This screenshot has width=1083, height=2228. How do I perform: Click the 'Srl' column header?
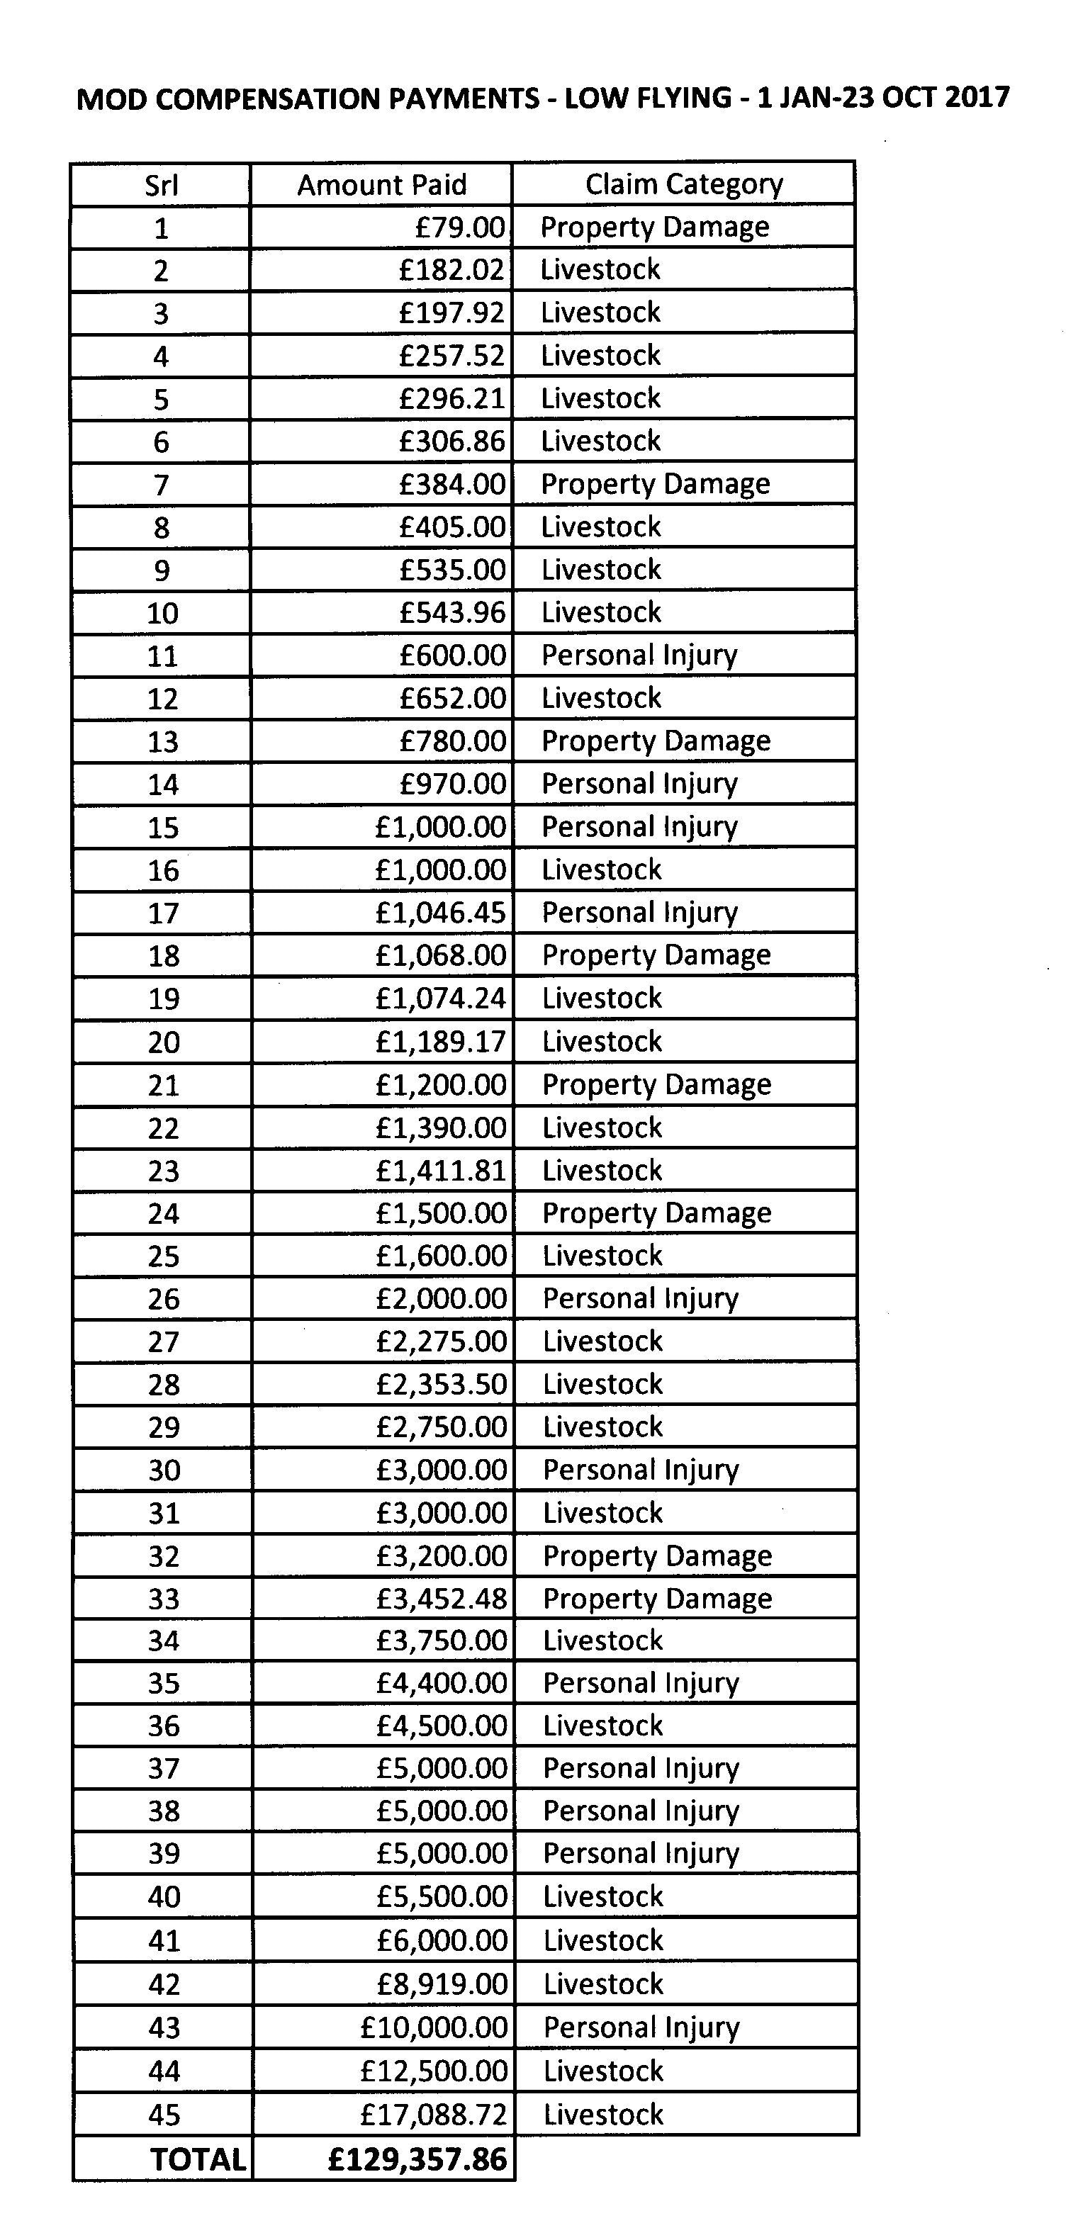pyautogui.click(x=161, y=185)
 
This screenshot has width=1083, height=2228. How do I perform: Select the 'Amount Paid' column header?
pyautogui.click(x=381, y=185)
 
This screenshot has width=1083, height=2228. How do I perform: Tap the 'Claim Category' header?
pyautogui.click(x=683, y=184)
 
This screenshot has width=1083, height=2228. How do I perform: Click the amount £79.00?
pyautogui.click(x=459, y=227)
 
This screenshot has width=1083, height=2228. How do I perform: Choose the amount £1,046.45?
pyautogui.click(x=440, y=913)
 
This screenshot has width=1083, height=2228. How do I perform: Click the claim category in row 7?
pyautogui.click(x=655, y=483)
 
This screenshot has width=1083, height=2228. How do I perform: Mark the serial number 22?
pyautogui.click(x=164, y=1128)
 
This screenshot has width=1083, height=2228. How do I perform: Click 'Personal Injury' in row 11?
pyautogui.click(x=639, y=656)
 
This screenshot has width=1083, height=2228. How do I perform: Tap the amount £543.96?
pyautogui.click(x=452, y=612)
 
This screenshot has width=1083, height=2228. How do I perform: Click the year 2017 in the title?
pyautogui.click(x=977, y=97)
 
